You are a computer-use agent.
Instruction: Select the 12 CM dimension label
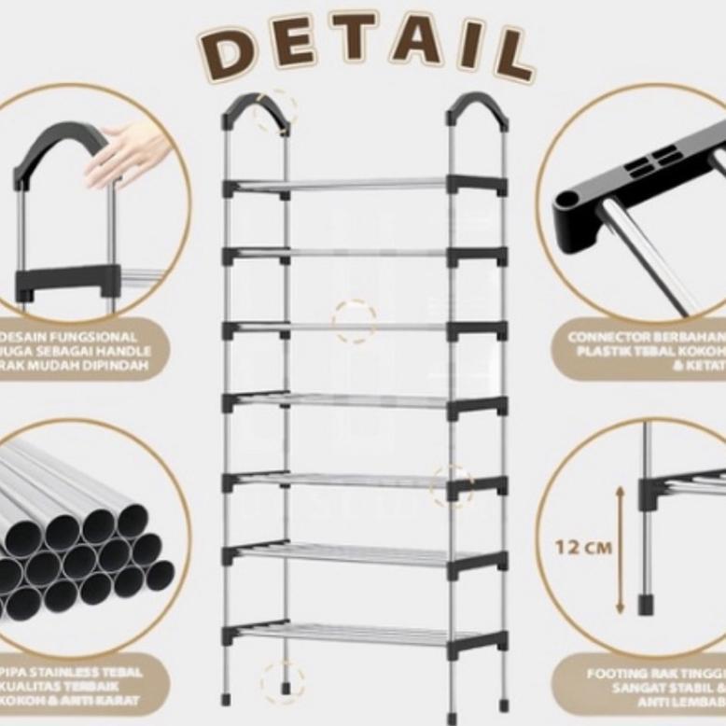coord(583,547)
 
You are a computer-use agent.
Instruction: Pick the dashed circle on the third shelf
coord(355,321)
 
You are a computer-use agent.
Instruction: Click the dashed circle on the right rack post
coord(453,485)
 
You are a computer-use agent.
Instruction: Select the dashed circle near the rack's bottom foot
coord(282,682)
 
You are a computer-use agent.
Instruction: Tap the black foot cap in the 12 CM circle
coord(646,604)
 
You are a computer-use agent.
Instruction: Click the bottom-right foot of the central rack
coord(503,698)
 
